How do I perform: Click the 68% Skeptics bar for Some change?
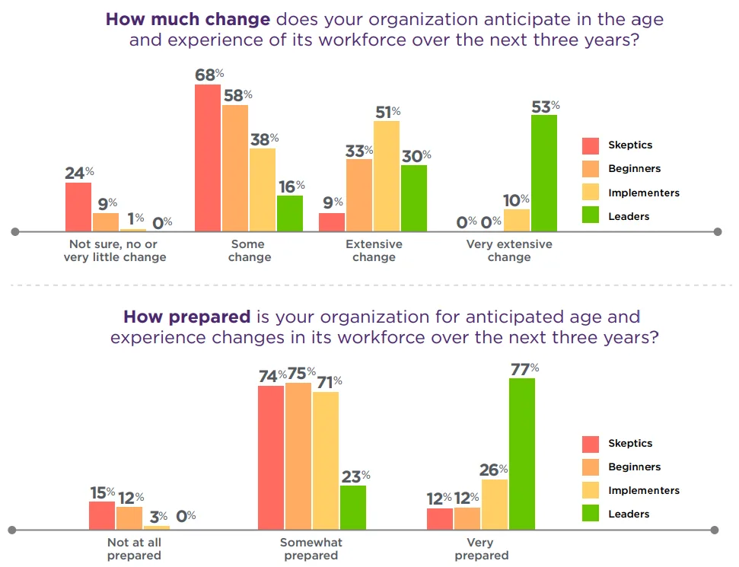click(208, 158)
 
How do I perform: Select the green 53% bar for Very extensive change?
click(544, 173)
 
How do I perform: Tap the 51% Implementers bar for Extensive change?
click(387, 176)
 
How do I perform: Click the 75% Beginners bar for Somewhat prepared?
click(298, 456)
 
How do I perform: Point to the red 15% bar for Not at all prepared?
click(102, 515)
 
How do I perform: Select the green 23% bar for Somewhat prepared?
click(353, 507)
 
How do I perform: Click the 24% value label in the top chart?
click(78, 173)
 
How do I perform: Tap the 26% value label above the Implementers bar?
click(493, 470)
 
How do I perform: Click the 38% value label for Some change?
click(263, 139)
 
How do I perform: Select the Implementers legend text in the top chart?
click(643, 193)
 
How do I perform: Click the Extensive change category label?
click(374, 250)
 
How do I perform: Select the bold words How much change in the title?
click(188, 19)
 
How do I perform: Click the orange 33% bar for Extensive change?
click(359, 195)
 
